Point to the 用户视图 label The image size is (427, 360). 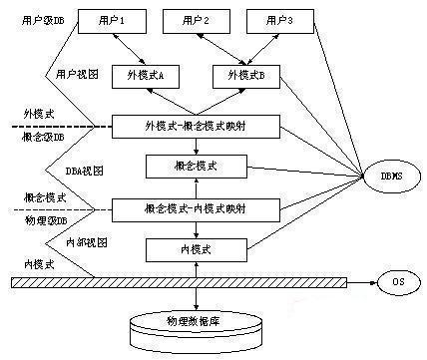(75, 74)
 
